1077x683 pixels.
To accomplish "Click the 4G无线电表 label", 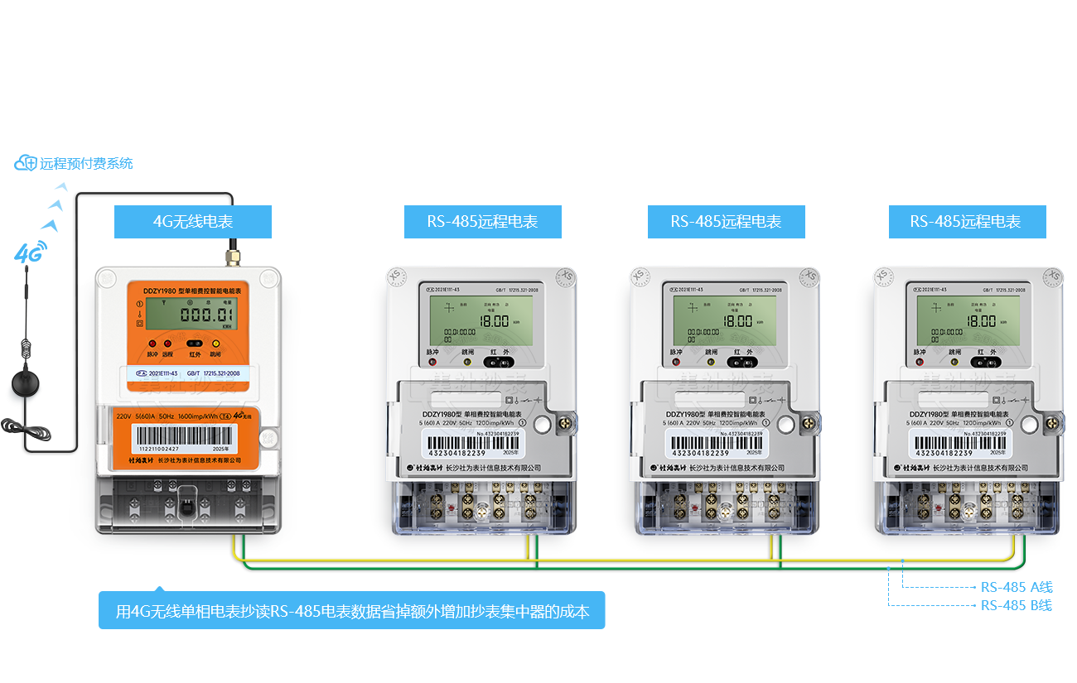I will [192, 222].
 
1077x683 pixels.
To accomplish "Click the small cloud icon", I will [22, 163].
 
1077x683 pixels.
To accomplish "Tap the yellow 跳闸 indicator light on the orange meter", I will [216, 344].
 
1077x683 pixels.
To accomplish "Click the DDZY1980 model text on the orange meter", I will [160, 291].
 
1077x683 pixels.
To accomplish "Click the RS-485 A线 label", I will [1017, 587].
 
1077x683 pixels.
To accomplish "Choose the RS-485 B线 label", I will [1017, 605].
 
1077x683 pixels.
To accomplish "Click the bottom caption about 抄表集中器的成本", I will [352, 613].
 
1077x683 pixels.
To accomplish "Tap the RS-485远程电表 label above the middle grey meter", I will [726, 222].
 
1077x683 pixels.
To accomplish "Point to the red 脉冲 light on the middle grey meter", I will [674, 361].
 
